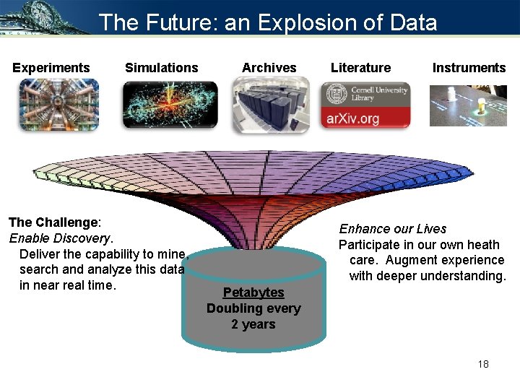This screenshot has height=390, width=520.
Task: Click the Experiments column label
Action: coord(51,68)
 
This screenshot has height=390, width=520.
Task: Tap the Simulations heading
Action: coord(161,68)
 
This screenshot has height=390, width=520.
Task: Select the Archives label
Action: coord(269,68)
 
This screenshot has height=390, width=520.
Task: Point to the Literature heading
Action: coord(360,68)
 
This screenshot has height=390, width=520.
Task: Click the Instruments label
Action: coord(469,68)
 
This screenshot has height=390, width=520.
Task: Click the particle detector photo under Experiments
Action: coord(58,105)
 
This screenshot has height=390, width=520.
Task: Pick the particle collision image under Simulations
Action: coord(170,105)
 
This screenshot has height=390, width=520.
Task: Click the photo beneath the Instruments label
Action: coord(468,105)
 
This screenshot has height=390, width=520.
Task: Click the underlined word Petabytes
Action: coord(253,292)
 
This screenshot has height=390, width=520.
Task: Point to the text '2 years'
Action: coord(253,324)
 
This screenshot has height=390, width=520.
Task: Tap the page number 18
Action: coord(483,363)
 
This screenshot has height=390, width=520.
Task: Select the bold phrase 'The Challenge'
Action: coord(53,222)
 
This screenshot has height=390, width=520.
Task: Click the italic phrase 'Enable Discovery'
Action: coord(61,238)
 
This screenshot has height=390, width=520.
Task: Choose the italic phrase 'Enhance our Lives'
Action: coord(393,229)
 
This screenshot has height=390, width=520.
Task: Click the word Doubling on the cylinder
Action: coord(233,308)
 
